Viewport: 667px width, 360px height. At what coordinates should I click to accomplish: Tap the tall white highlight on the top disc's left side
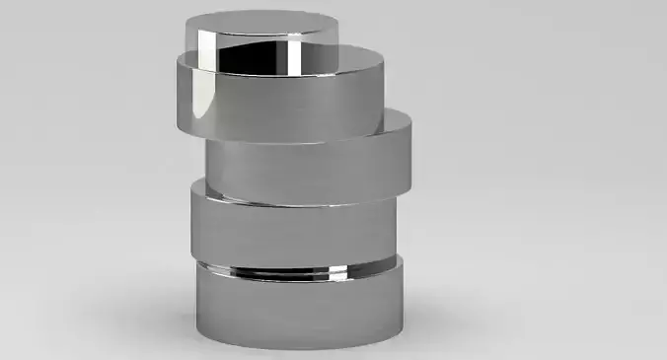tap(205, 51)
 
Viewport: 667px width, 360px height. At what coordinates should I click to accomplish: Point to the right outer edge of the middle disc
tap(409, 148)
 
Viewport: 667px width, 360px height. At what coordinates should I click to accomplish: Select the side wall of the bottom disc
tap(296, 306)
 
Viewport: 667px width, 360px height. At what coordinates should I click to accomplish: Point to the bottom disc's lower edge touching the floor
tap(296, 346)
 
